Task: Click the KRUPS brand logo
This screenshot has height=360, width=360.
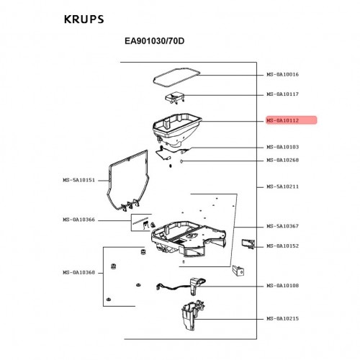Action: (84, 19)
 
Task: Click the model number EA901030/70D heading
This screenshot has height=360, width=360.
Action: (155, 41)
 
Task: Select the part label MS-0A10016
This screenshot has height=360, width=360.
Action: (283, 74)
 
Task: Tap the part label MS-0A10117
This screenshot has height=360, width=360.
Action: (283, 94)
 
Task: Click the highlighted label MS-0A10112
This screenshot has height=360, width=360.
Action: (283, 120)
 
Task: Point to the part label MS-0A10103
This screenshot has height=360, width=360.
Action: (283, 147)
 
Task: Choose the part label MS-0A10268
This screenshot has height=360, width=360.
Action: (283, 160)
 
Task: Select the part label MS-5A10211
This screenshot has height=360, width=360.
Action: (283, 186)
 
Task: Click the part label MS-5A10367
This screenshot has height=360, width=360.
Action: (283, 226)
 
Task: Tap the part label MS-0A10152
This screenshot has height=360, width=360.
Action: (283, 246)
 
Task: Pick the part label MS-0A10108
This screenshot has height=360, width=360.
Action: (283, 286)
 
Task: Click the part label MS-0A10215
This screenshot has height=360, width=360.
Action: (283, 318)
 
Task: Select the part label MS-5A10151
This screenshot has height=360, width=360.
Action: (79, 180)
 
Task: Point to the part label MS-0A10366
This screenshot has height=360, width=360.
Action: (79, 220)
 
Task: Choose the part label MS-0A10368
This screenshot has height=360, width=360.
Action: (79, 272)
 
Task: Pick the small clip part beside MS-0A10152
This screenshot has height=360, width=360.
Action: (248, 244)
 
